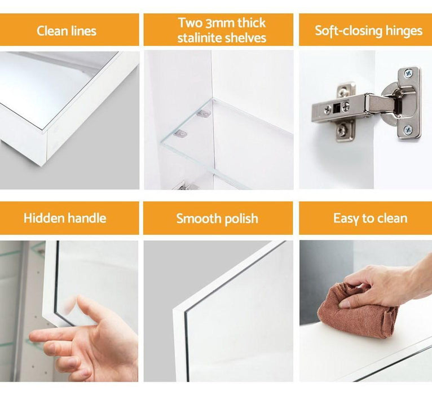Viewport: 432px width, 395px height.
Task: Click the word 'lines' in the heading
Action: coord(83,30)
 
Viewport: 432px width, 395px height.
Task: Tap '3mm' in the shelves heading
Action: coord(220,23)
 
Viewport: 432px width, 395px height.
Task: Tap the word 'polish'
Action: coord(241,219)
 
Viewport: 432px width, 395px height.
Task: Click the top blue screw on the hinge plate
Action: coord(408,73)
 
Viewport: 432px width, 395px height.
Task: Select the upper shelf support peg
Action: coord(205,113)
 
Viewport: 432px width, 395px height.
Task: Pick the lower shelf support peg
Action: coord(180,134)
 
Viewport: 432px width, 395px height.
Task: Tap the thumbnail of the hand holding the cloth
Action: coord(345,304)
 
